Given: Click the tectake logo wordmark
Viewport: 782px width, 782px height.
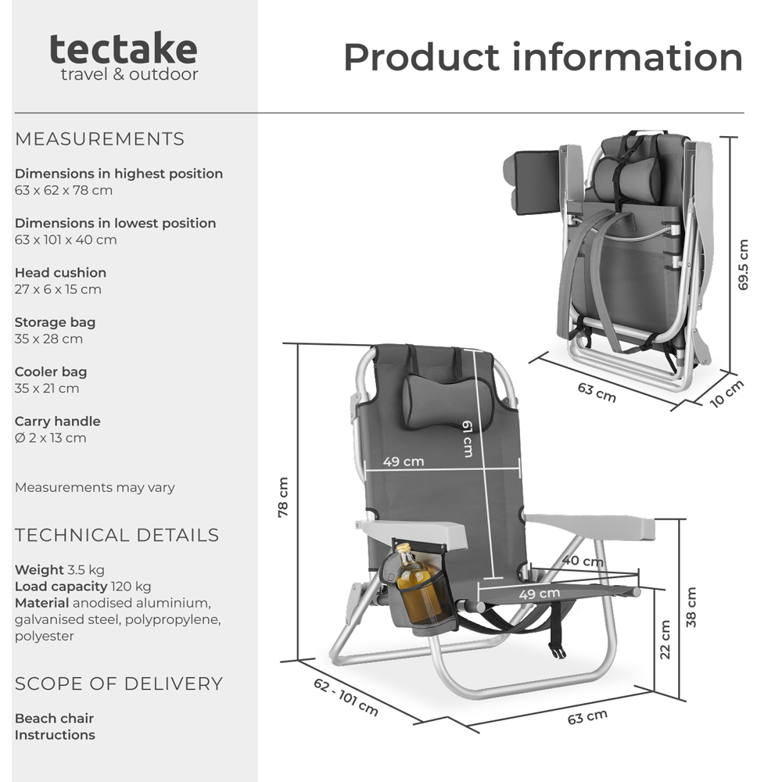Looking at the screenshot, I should point(124,49).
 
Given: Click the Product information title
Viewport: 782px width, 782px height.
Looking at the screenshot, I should point(543,57).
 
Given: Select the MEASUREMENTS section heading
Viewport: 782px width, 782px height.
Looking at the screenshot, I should point(99,139).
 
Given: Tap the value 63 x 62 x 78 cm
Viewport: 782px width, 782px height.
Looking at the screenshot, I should point(63,190).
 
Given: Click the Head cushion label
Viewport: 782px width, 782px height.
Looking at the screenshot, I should point(60,273).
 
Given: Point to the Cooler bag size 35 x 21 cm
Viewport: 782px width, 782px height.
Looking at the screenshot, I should point(47,389).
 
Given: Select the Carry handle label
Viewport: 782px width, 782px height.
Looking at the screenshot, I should point(57,421).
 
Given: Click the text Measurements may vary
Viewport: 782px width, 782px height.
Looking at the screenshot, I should point(95,487).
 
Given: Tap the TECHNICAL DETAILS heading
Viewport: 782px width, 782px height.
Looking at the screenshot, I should point(117,536).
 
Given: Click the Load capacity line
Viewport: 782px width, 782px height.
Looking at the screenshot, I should point(83,586).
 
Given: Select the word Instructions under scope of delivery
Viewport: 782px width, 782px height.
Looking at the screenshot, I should point(55,735).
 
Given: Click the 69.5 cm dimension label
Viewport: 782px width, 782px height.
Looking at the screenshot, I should point(743,264).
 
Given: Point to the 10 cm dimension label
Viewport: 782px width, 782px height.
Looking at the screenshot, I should point(726,394).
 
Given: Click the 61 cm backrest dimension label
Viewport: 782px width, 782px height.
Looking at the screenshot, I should point(467,438).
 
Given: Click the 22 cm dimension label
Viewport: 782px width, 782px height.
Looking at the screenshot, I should point(665,640).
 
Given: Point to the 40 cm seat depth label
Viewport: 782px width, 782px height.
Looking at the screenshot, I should point(576,561).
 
